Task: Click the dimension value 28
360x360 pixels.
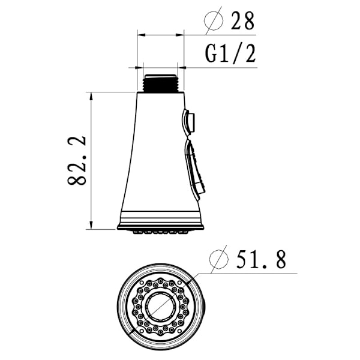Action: pyautogui.click(x=242, y=21)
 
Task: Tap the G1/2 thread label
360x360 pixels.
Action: pyautogui.click(x=230, y=54)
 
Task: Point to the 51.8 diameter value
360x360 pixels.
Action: pyautogui.click(x=261, y=260)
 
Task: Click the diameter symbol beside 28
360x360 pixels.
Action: pyautogui.click(x=214, y=20)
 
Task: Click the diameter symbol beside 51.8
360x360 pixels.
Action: pyautogui.click(x=219, y=259)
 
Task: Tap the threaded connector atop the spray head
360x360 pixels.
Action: pyautogui.click(x=160, y=83)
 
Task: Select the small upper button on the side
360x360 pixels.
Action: pyautogui.click(x=188, y=122)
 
